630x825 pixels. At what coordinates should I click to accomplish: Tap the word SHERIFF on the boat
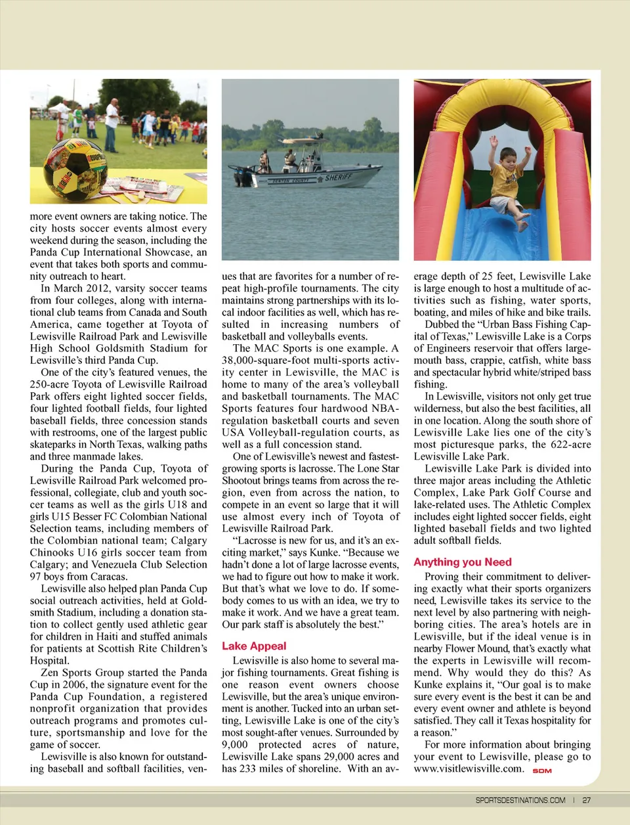coord(339,177)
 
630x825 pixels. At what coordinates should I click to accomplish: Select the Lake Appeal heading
coord(254,646)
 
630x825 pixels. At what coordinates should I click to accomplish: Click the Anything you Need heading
coord(462,562)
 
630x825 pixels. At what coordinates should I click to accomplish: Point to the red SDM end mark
coord(542,770)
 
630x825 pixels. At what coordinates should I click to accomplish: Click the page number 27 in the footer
coord(586,800)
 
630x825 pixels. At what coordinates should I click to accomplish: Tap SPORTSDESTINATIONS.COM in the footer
coord(520,800)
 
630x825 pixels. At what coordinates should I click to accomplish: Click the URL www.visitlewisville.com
coord(469,769)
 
